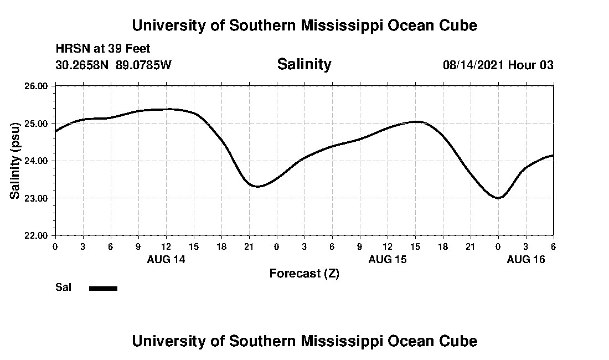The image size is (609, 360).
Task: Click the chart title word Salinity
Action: coord(304,64)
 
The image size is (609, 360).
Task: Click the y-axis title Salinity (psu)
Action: coord(16,161)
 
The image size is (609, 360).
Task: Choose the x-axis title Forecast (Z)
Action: coord(304,274)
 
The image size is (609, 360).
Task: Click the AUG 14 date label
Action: coord(166,259)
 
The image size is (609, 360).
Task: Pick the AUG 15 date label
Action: coord(388,259)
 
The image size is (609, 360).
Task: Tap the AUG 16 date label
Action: coord(526,259)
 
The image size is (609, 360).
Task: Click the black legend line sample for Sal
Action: coord(104,288)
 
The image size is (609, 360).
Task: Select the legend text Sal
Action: coord(64,287)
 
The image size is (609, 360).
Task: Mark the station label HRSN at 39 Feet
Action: coord(103,49)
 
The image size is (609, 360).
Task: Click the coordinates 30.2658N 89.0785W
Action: coord(113,65)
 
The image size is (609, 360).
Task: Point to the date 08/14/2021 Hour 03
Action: coord(498,65)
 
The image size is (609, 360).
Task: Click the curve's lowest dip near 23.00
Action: coord(498,198)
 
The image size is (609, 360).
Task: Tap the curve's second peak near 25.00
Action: coord(417,121)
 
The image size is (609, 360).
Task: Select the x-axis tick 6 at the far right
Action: coord(553,246)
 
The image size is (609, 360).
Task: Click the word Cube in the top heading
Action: coord(458,25)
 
